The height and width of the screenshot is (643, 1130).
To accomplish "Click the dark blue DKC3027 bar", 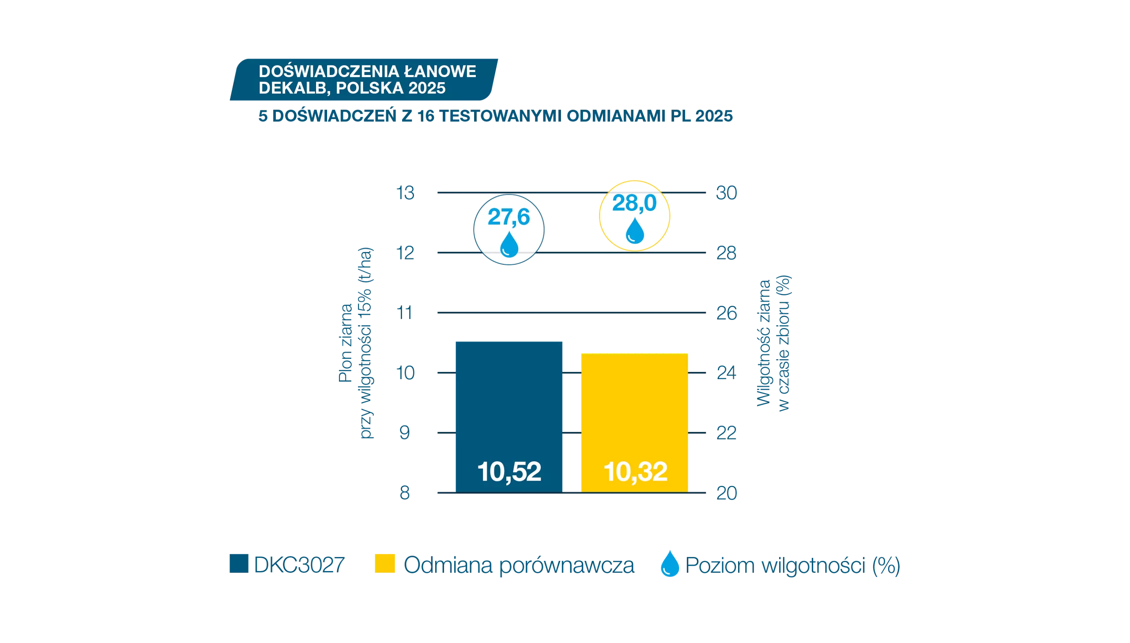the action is pos(508,417).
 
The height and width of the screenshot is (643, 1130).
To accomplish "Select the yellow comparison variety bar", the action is pos(634,423).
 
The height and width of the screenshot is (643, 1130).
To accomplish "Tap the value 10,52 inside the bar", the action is pos(509,472).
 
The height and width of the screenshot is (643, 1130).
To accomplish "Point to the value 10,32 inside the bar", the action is pos(635,472).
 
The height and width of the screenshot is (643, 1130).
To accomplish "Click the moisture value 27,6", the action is pos(508,217).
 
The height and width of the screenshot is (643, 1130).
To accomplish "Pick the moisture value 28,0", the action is pos(634,203).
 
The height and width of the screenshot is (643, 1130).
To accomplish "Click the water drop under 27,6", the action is pos(509,244).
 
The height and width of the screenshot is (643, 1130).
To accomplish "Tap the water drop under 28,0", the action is pos(635,230).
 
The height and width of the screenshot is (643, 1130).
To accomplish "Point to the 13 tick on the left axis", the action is pos(405,193).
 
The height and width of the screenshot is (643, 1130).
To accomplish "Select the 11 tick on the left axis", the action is pos(404,313).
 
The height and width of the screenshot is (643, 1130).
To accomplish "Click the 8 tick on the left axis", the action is pos(404,493).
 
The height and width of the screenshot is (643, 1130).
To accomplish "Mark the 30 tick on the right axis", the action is pos(727,193).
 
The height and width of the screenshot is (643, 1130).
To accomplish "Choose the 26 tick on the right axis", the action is pos(727,313).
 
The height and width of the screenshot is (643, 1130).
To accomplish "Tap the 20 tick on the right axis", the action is pos(727,493).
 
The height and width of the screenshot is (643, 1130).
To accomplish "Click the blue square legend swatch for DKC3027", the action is pos(239,564).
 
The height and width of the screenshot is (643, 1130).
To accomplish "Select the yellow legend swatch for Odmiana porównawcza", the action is pos(384,564).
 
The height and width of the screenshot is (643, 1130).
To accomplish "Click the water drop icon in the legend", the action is pos(670,564).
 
